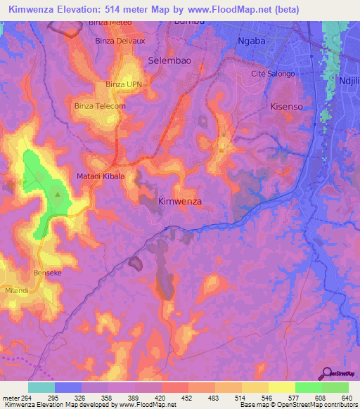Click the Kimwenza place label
tap(180, 201)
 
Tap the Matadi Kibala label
tap(101, 176)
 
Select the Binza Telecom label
tap(100, 106)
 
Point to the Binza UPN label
tap(124, 84)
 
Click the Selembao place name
tap(169, 61)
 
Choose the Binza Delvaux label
tap(120, 41)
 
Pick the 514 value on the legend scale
tap(228, 398)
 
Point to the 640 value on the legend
tap(345, 398)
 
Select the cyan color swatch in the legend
tap(41, 387)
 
